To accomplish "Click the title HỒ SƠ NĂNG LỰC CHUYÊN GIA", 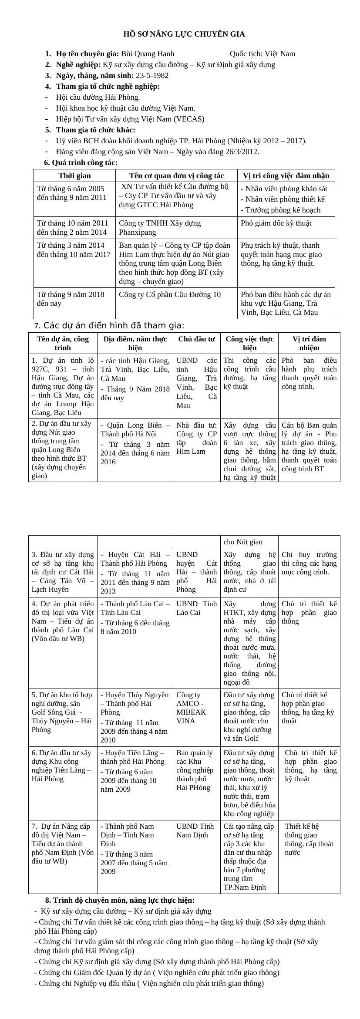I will tap(184, 34).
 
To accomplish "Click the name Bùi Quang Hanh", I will tap(147, 54).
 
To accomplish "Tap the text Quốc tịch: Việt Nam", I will tap(262, 54).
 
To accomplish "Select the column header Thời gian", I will tap(74, 176).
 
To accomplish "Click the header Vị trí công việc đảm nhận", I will tap(286, 176).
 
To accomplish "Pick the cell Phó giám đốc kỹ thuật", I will tap(276, 223).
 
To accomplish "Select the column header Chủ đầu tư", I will tap(196, 339).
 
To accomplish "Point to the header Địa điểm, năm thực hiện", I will tap(135, 343).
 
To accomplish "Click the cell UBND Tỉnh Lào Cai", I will tap(196, 608).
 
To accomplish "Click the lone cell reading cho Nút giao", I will tap(242, 542).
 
